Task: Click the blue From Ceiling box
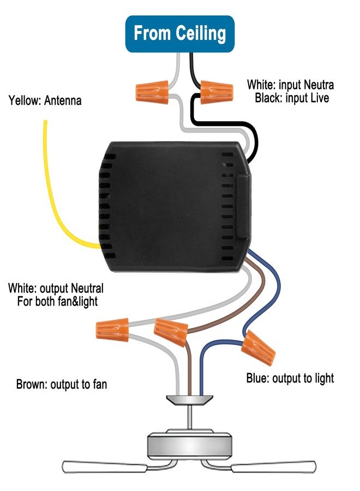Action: tap(179, 34)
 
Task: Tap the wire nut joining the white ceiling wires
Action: tap(152, 92)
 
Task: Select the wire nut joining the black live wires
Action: tap(217, 92)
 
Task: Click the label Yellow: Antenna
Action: tap(45, 101)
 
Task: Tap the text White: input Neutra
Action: tap(290, 85)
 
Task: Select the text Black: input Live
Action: tap(292, 98)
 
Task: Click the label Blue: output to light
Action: tap(290, 378)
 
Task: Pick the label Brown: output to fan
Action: tap(61, 384)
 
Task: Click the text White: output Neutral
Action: tap(56, 288)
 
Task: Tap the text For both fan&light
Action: tap(57, 302)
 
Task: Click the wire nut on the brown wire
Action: tap(171, 332)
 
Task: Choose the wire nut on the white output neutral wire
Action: tap(112, 330)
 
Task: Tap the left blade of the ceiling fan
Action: tap(104, 466)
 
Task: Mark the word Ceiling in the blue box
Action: tap(200, 33)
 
